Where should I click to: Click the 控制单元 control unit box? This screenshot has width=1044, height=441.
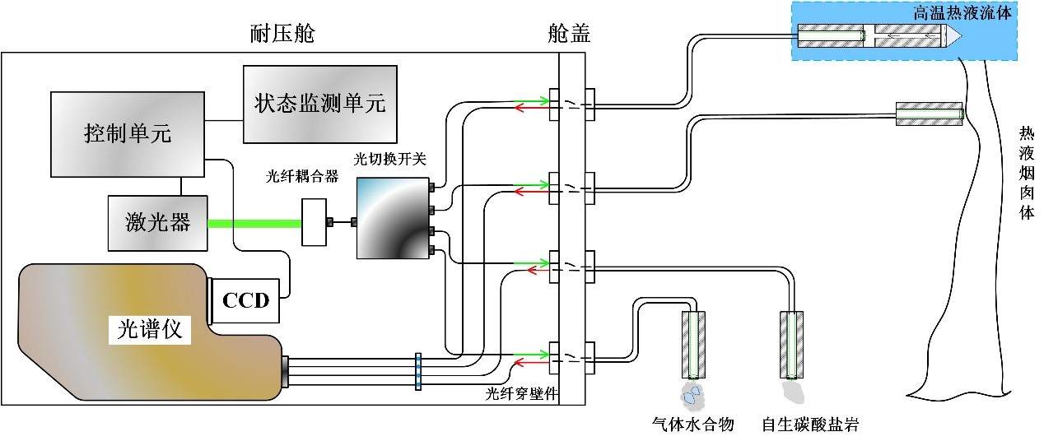(128, 133)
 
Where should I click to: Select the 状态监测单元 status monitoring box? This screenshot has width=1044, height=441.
(319, 104)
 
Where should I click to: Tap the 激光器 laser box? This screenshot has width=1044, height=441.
(157, 222)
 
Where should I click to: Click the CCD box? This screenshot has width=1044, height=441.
(246, 299)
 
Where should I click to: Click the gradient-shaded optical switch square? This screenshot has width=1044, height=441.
(392, 218)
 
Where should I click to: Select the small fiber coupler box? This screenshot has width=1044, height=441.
(314, 222)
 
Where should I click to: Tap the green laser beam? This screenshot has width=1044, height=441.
(254, 222)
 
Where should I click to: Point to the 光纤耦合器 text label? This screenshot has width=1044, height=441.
(302, 177)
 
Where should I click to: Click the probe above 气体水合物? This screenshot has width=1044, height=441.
(692, 343)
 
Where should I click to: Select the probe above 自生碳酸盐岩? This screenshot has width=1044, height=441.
(792, 343)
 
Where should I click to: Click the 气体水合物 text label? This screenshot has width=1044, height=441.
(692, 425)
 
